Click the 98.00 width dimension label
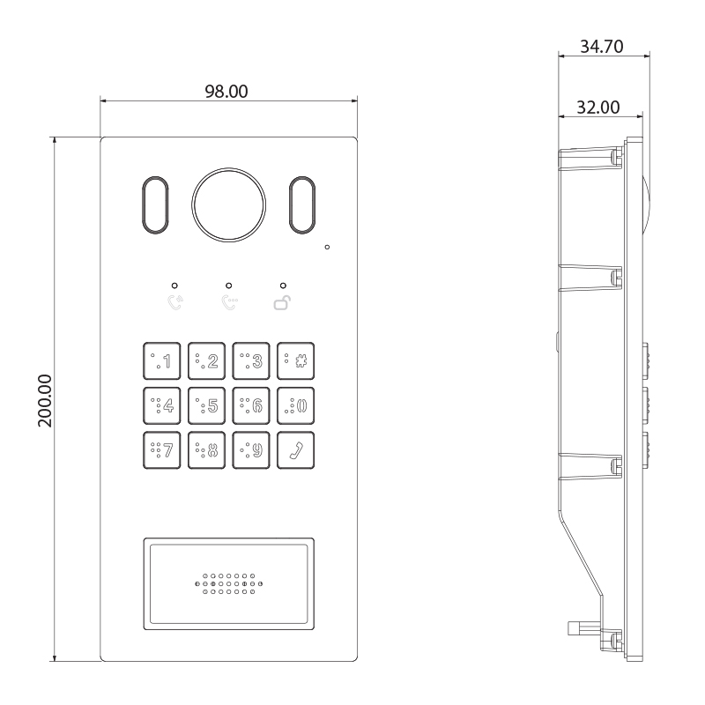point(226,92)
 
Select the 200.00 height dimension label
point(45,401)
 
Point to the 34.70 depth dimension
point(602,47)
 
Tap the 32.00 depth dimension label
point(598,108)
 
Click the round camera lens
point(228,205)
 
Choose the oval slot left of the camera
point(155,205)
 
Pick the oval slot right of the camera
point(302,205)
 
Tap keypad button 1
point(162,360)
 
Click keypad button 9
point(251,450)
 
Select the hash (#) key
point(295,360)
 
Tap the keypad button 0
point(295,405)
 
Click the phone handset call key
point(295,450)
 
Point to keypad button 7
point(162,450)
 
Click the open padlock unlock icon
point(282,303)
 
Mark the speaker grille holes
point(228,584)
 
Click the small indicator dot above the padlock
point(283,286)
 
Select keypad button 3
point(251,360)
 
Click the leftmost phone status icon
point(175,302)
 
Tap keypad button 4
point(162,405)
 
